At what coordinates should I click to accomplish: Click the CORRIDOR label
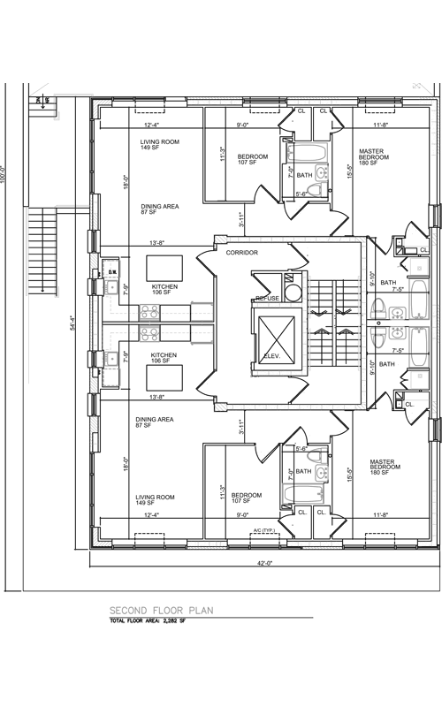point(241,253)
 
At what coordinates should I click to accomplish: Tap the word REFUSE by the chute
point(268,299)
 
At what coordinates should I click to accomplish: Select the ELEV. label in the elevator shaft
point(271,355)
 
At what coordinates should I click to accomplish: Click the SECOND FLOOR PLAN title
point(160,611)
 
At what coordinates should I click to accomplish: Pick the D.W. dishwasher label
point(112,271)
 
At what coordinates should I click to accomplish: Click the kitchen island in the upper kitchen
point(164,267)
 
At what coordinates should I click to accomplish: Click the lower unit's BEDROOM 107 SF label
point(247,498)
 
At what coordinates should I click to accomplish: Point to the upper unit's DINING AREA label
point(157,209)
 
